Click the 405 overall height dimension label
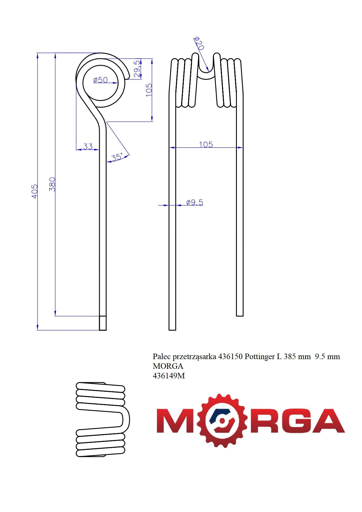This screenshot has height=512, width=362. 34,191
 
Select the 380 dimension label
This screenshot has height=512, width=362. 52,184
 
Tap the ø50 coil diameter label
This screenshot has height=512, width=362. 100,80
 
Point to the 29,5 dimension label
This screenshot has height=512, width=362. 137,69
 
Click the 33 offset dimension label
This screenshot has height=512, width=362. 88,146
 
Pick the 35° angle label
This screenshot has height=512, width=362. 117,157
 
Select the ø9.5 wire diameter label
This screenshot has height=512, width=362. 195,202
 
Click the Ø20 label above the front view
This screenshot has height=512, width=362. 199,43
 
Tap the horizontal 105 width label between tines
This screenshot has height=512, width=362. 206,144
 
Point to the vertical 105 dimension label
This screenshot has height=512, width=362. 149,90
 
